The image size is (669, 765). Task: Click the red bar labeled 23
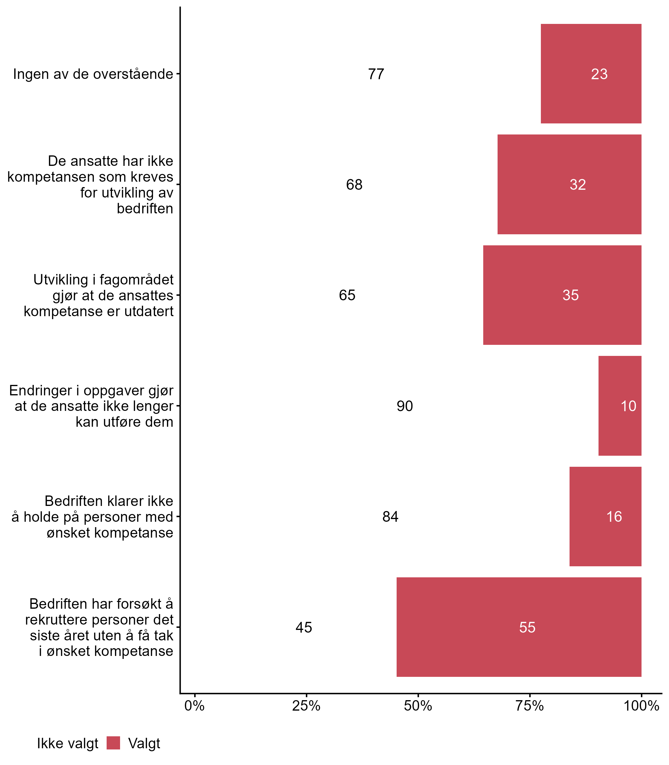click(x=591, y=74)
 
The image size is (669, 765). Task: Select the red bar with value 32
click(x=569, y=184)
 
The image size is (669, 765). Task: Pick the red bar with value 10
click(x=620, y=406)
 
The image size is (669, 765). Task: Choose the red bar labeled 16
click(x=605, y=516)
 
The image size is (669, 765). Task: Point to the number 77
click(x=376, y=74)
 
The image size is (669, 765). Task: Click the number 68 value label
click(x=354, y=185)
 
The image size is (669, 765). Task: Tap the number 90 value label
click(x=405, y=406)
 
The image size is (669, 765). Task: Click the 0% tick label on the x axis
click(x=194, y=706)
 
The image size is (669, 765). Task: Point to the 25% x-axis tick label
click(x=306, y=706)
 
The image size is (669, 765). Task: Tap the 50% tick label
click(x=418, y=706)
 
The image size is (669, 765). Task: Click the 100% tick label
click(x=642, y=706)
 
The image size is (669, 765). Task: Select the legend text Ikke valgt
click(x=67, y=744)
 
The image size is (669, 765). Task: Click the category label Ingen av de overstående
click(x=93, y=74)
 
